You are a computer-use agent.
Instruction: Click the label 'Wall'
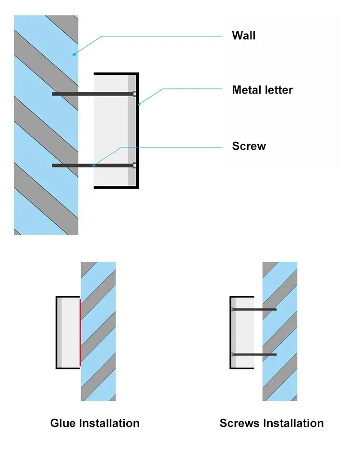[243, 36]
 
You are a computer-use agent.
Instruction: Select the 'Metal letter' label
[262, 90]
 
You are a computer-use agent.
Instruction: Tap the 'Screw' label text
[249, 146]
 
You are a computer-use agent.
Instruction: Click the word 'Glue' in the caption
[62, 423]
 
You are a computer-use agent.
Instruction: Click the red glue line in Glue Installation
[80, 332]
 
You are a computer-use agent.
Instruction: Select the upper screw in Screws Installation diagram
[254, 309]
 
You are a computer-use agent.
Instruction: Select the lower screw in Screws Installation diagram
[254, 354]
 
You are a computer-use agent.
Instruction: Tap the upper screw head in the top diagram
[134, 94]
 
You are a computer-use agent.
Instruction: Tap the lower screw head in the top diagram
[134, 166]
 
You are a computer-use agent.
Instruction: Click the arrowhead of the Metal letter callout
[139, 104]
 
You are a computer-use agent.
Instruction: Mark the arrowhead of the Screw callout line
[94, 165]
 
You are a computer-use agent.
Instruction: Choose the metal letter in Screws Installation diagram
[242, 332]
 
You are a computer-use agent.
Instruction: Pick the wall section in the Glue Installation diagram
[98, 331]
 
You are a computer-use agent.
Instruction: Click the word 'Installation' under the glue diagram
[109, 423]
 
